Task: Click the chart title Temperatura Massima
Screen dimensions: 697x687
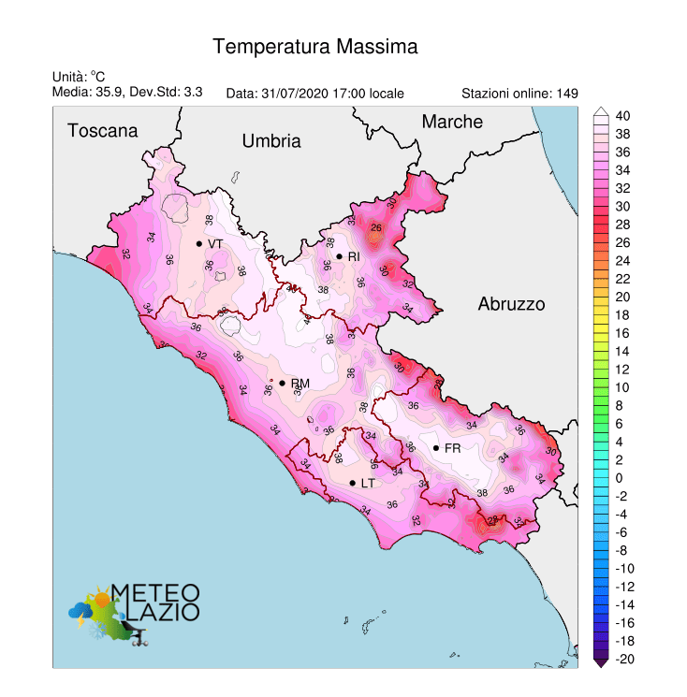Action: (314, 46)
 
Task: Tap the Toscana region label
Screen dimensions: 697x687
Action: (102, 131)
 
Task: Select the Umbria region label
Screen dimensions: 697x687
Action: (271, 141)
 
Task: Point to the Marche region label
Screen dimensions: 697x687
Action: (452, 122)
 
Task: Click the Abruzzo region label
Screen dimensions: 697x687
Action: (511, 304)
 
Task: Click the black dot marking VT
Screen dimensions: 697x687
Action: (199, 243)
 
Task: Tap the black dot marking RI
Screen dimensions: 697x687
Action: (339, 256)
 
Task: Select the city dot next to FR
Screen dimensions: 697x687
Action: (436, 448)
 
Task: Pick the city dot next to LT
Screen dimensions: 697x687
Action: (353, 483)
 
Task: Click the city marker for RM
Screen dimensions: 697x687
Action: (282, 383)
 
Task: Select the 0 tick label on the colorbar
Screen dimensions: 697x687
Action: (619, 478)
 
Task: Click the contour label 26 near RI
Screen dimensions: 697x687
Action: (377, 227)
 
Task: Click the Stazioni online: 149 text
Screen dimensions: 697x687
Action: (519, 94)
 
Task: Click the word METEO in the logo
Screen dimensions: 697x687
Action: (155, 592)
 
